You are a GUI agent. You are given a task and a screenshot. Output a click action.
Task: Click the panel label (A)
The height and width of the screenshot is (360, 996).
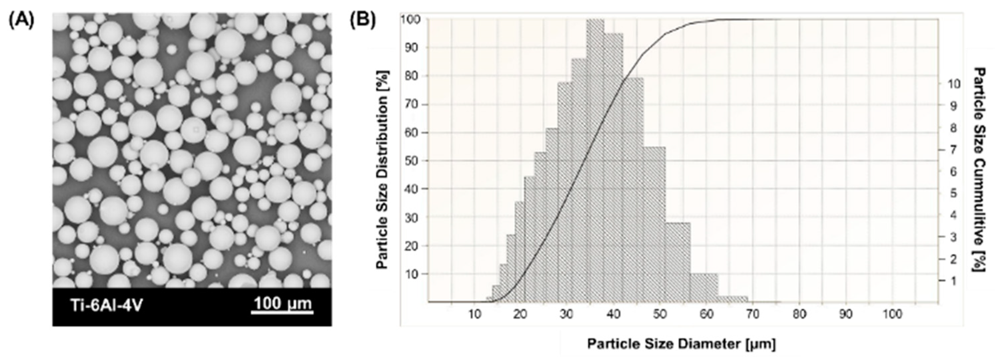click(21, 21)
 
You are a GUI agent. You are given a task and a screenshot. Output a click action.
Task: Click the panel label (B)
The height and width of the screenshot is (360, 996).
click(362, 21)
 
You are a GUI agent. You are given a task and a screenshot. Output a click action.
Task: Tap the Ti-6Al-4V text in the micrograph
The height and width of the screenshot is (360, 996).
click(107, 305)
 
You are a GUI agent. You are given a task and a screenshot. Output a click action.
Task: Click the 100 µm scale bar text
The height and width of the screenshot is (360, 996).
click(282, 303)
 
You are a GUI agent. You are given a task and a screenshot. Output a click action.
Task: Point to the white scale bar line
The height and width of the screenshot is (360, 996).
click(282, 312)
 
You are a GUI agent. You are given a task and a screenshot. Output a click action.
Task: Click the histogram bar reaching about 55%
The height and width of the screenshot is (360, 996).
click(655, 224)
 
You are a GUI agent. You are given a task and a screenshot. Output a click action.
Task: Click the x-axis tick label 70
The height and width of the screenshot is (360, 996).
click(753, 314)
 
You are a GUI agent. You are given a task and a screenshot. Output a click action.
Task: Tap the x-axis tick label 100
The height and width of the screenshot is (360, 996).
click(892, 314)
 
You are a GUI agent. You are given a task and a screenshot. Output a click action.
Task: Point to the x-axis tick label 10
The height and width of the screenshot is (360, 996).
click(475, 314)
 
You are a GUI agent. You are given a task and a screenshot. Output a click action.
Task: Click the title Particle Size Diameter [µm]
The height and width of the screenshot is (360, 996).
click(681, 343)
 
